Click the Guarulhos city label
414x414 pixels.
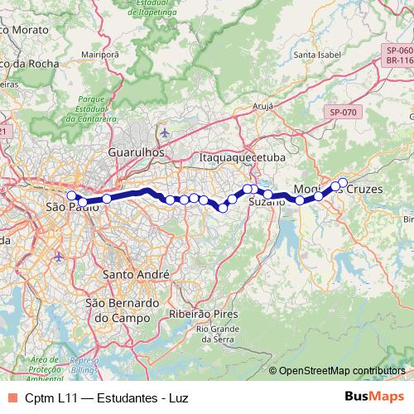coord(136,153)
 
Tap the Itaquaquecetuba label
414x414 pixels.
coord(241,156)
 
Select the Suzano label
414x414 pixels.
coord(266,202)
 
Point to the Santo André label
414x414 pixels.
coord(135,274)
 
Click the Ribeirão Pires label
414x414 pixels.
coord(203,314)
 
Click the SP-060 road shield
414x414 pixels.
coord(398,51)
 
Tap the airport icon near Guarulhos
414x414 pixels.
coord(166,132)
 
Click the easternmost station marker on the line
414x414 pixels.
coord(343,182)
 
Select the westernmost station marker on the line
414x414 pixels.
coord(71,196)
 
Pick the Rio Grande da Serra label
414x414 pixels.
coord(218,335)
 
